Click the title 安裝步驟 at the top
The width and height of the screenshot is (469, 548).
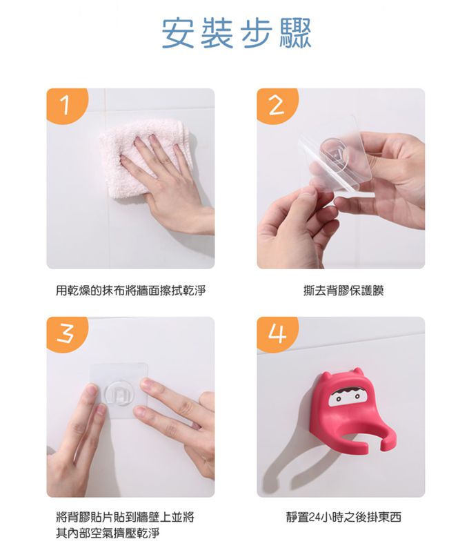point(236,33)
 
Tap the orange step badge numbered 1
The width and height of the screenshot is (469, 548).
point(66,105)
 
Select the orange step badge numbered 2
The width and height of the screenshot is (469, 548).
point(277,105)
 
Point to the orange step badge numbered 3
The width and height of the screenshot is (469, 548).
point(66,334)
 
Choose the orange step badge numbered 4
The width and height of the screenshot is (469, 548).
point(277,334)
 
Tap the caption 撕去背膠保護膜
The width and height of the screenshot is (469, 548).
point(343,291)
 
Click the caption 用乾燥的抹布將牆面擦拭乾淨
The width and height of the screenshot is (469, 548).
point(130,291)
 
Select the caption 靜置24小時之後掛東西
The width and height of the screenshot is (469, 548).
point(343,516)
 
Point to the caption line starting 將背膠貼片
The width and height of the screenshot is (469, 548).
point(125,516)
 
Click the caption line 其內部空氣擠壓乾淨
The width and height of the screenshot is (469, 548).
point(108,533)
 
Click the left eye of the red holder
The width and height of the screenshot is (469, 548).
point(339,399)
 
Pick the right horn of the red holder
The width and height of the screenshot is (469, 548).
point(357,371)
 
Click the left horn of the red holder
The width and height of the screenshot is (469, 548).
point(325,376)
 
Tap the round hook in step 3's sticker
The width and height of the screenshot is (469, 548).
point(119,394)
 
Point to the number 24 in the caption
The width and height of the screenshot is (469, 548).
point(314,517)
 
